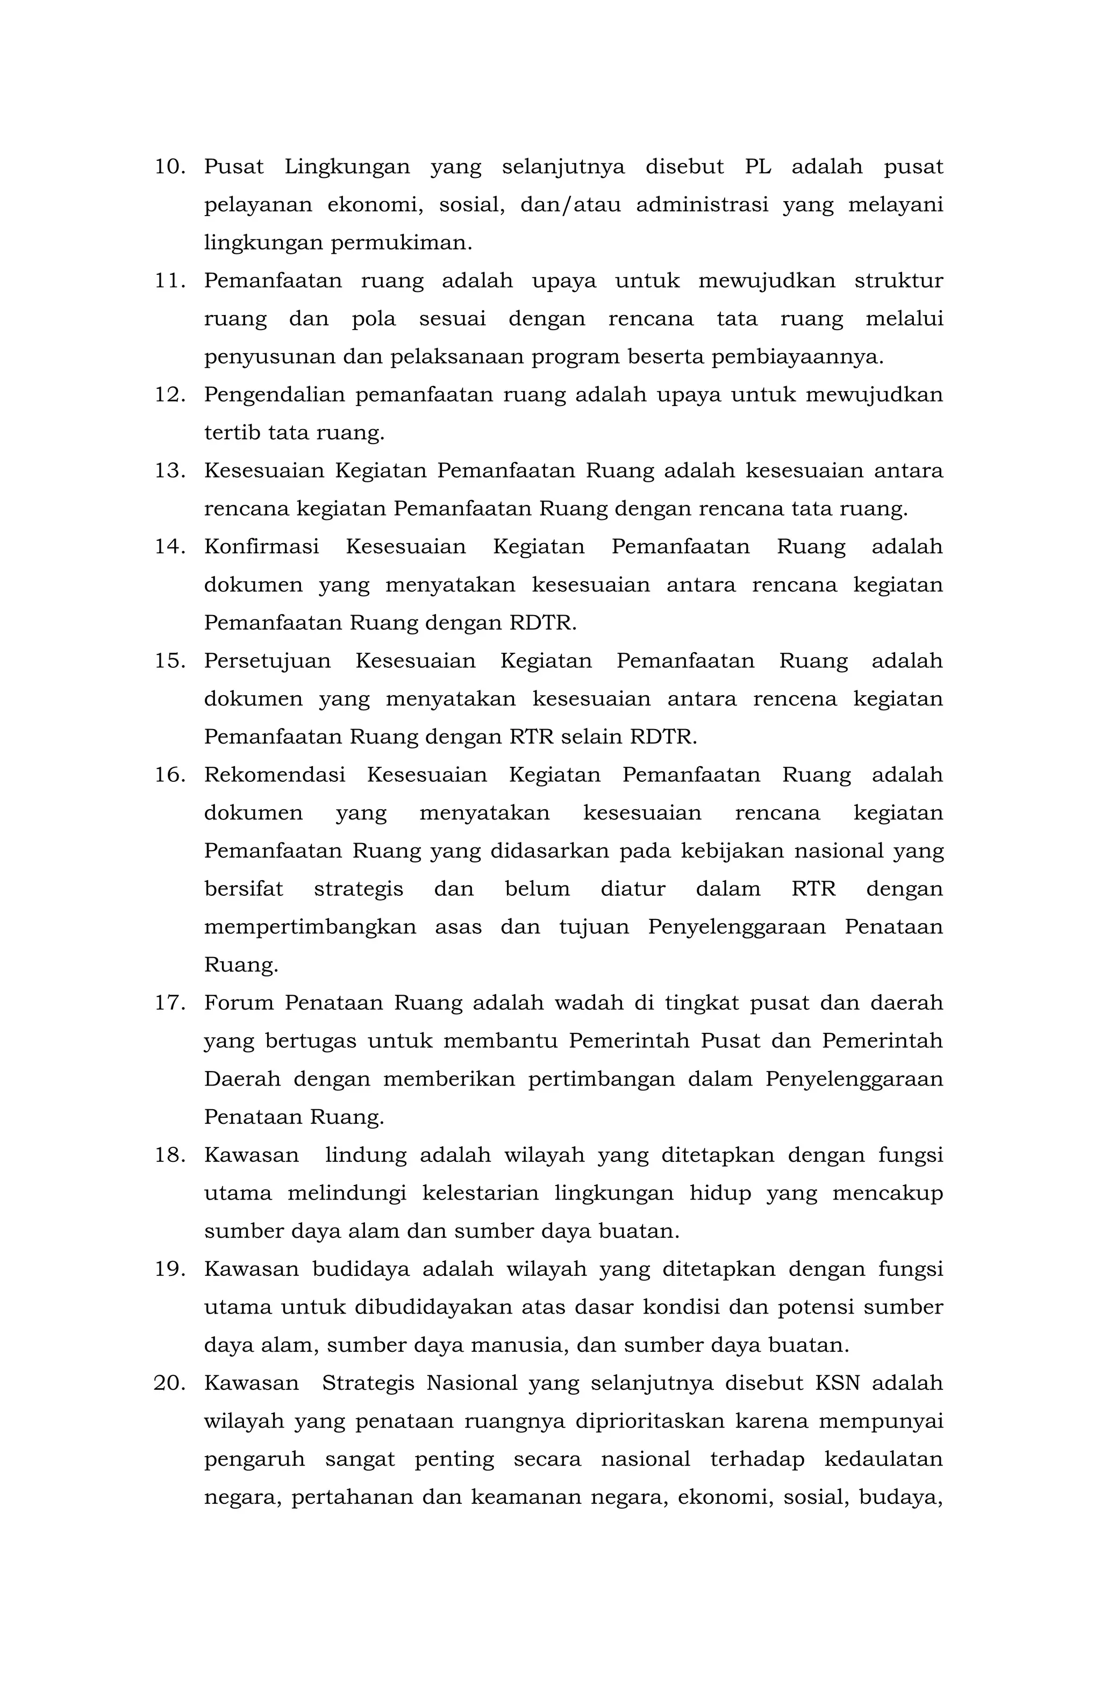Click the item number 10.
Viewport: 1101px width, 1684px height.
(x=170, y=167)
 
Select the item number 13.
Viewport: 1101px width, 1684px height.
(x=170, y=470)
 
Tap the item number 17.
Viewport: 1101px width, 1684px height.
(x=170, y=1003)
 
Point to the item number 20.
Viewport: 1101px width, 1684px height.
(x=170, y=1382)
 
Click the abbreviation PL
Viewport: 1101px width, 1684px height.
(x=758, y=167)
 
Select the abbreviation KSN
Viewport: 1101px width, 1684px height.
(x=837, y=1382)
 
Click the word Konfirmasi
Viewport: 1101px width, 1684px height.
(x=261, y=547)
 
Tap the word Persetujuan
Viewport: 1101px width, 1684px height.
(x=268, y=661)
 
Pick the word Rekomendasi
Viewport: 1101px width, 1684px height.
(x=275, y=775)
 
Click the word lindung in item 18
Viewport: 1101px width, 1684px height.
(x=366, y=1155)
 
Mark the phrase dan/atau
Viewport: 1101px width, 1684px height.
(x=570, y=205)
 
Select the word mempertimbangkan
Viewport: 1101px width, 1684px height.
(x=310, y=927)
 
